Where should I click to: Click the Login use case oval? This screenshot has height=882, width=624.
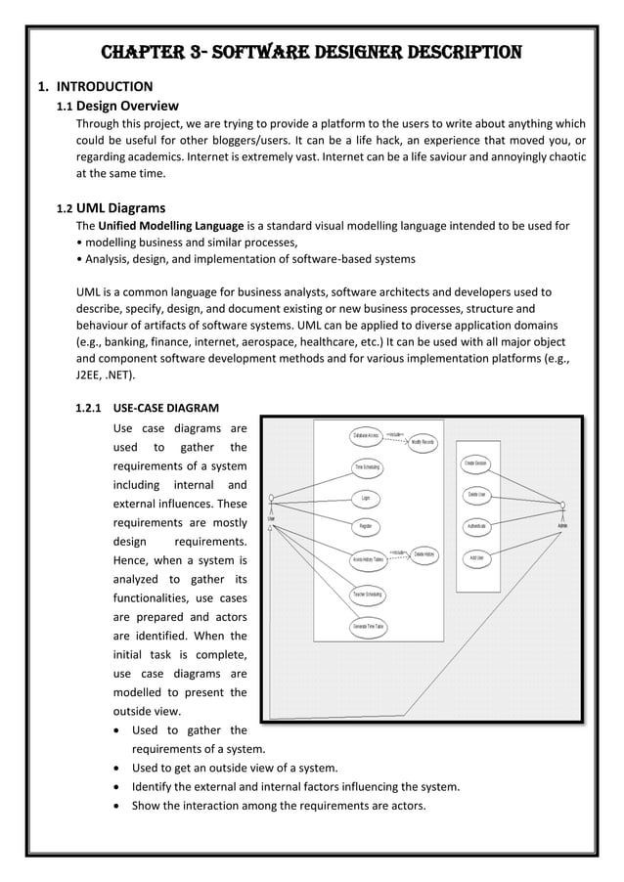point(365,498)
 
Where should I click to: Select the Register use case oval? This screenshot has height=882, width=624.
point(365,527)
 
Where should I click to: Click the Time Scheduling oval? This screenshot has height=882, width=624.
point(367,467)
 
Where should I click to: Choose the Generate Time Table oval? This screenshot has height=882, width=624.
point(367,626)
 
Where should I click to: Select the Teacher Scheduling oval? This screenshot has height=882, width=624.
point(367,595)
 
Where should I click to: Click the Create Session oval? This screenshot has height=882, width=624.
point(476,463)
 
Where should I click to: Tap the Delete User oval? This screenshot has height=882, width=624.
point(476,495)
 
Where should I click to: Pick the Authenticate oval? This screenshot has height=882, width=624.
point(476,527)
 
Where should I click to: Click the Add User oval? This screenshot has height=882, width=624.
point(476,558)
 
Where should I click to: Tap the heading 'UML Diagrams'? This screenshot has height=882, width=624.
point(121,207)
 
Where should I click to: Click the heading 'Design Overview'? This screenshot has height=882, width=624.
point(126,106)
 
